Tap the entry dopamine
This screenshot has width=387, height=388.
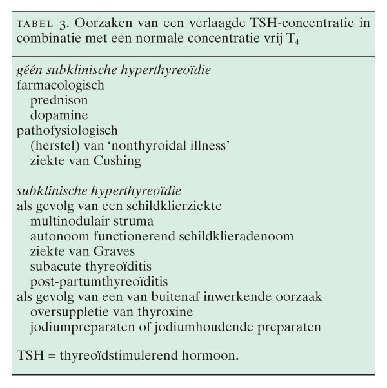tap(58, 115)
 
